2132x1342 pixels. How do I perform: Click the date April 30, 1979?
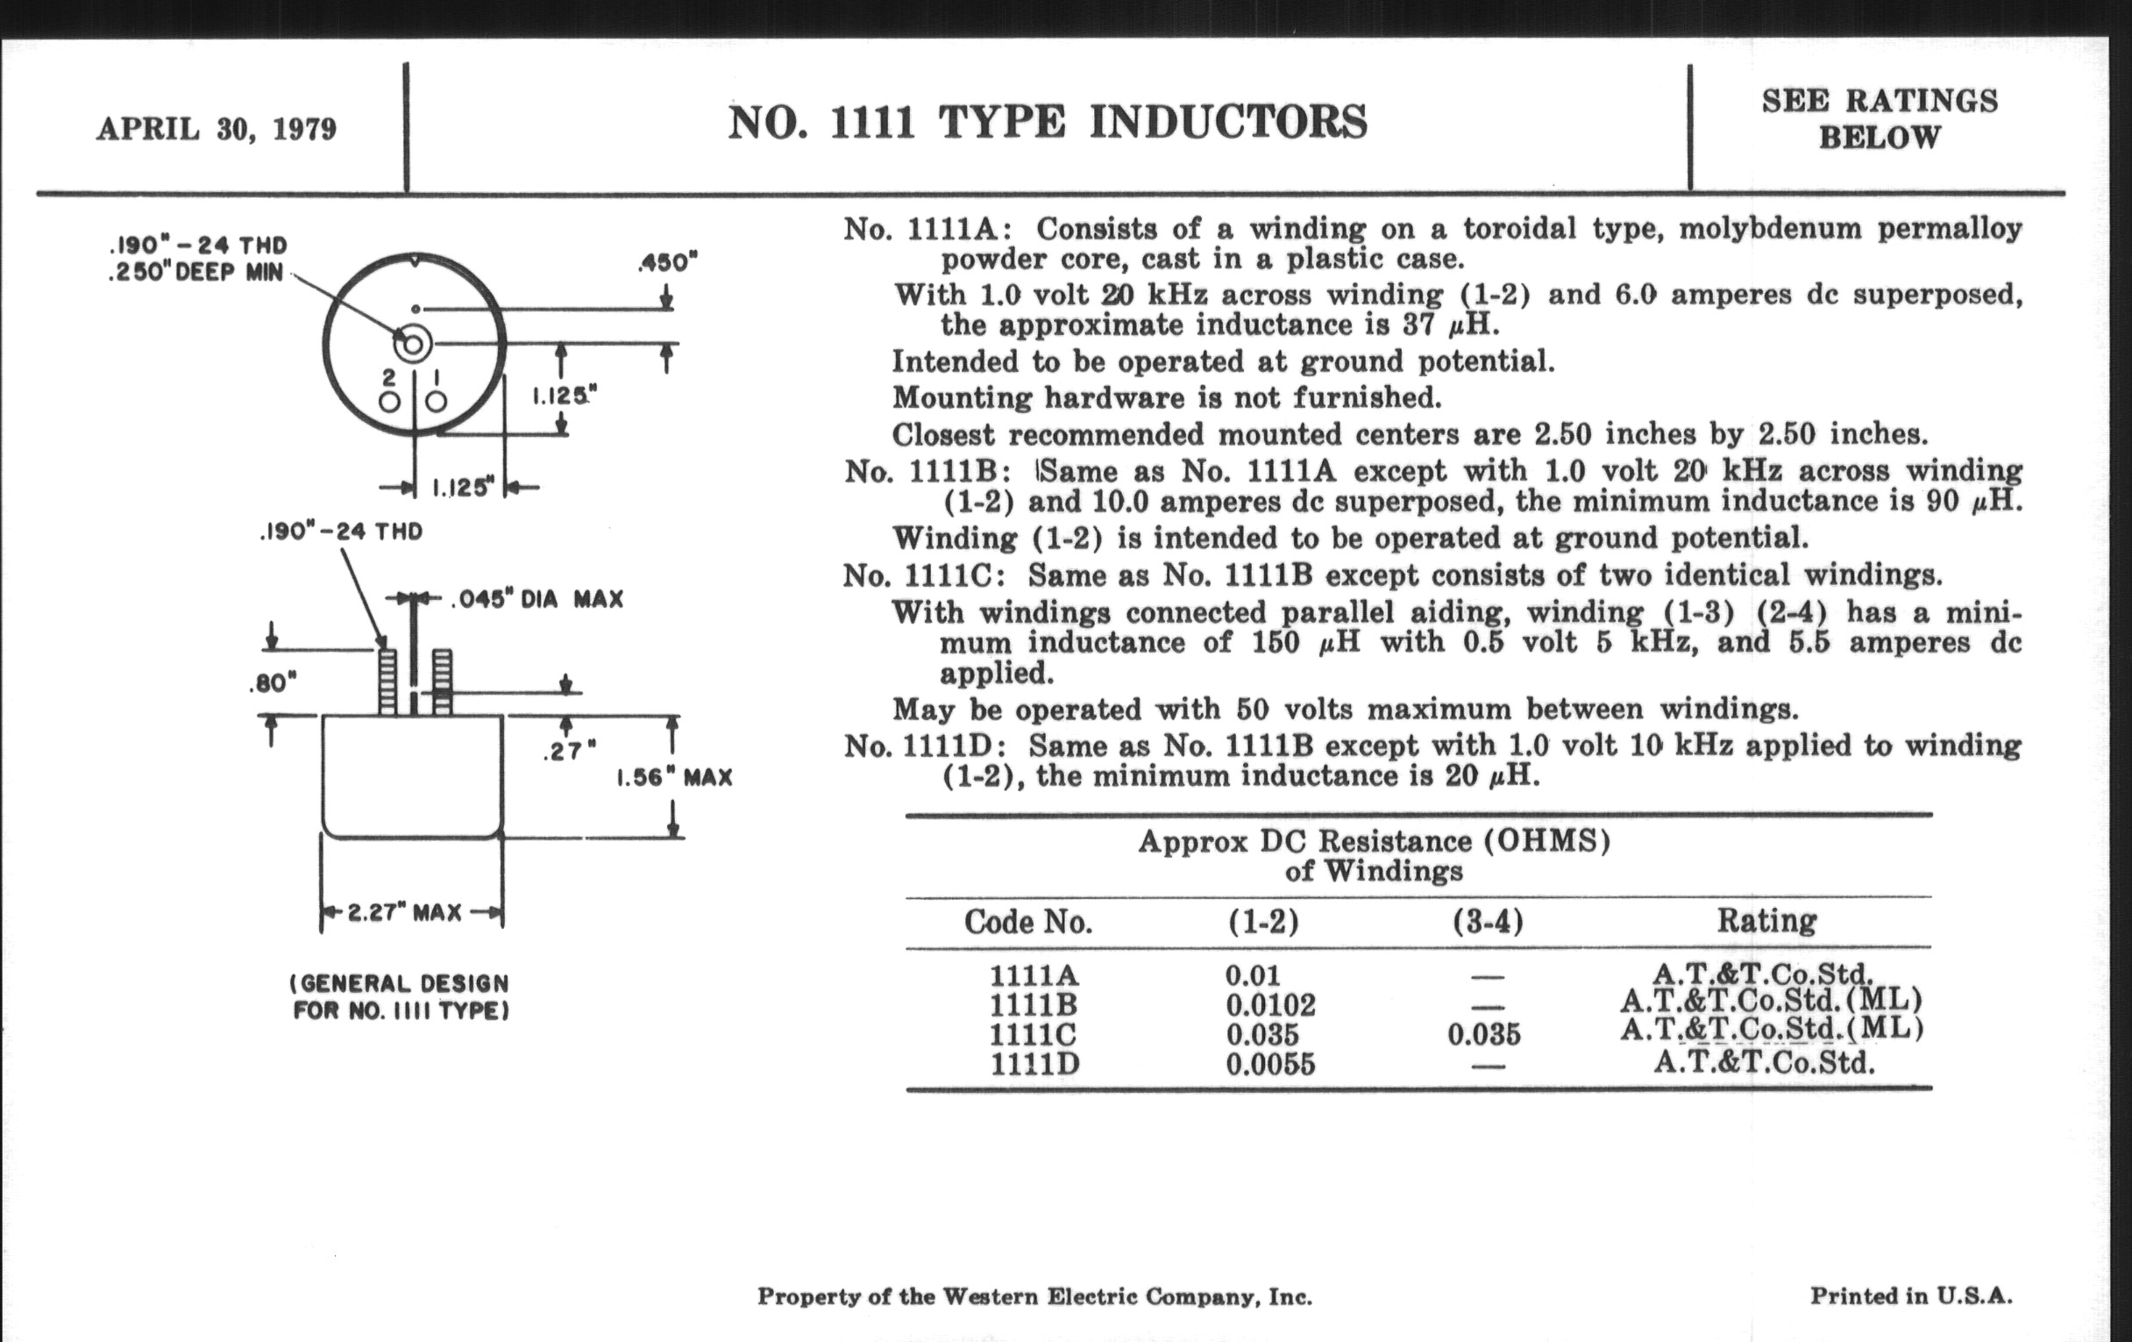pyautogui.click(x=217, y=129)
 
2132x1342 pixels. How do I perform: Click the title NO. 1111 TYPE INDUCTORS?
pyautogui.click(x=1048, y=122)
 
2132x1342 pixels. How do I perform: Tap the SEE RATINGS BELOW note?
pyautogui.click(x=1879, y=119)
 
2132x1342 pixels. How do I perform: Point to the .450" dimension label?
pyautogui.click(x=668, y=262)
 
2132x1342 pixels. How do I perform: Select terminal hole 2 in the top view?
pyautogui.click(x=388, y=402)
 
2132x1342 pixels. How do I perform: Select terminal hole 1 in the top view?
pyautogui.click(x=436, y=402)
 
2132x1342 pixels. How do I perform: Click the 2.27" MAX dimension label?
pyautogui.click(x=405, y=912)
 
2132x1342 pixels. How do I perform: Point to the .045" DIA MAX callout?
pyautogui.click(x=537, y=600)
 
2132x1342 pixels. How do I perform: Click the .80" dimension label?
pyautogui.click(x=273, y=684)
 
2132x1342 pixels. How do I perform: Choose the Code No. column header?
pyautogui.click(x=1028, y=922)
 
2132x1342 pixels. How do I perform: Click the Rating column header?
pyautogui.click(x=1766, y=920)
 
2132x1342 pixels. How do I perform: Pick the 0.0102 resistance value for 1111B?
pyautogui.click(x=1270, y=1004)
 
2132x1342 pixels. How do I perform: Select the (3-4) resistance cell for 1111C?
pyautogui.click(x=1484, y=1034)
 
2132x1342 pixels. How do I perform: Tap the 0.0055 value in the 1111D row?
pyautogui.click(x=1270, y=1063)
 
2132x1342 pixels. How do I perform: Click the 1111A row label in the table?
pyautogui.click(x=1034, y=975)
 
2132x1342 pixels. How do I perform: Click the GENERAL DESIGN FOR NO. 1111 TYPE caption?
pyautogui.click(x=401, y=996)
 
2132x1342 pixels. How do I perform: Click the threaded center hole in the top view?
pyautogui.click(x=413, y=344)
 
